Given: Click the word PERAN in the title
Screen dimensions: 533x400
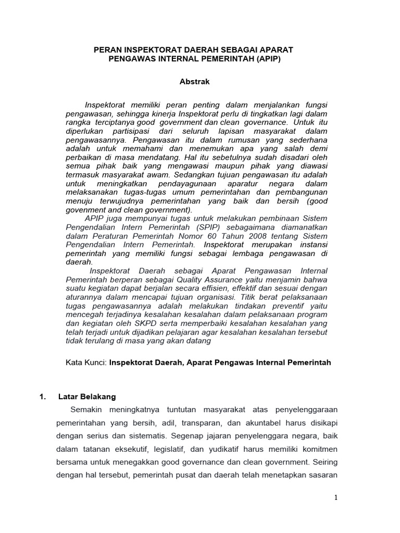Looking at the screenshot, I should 106,49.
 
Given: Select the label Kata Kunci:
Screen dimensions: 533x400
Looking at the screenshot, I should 86,362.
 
